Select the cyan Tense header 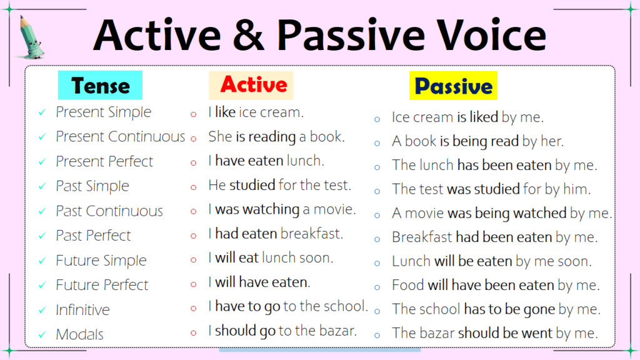[x=100, y=86]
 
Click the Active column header [x=253, y=85]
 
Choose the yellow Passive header [x=453, y=86]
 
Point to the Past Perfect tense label [x=93, y=236]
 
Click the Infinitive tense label [x=82, y=310]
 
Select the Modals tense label [x=79, y=334]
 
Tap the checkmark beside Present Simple [x=42, y=112]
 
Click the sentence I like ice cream [x=256, y=112]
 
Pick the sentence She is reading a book [x=276, y=137]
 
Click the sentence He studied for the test [x=279, y=186]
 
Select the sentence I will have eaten [x=259, y=282]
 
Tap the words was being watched [x=507, y=213]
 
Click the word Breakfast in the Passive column [x=422, y=237]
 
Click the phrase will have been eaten [x=491, y=286]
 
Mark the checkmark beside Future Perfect [x=42, y=286]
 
